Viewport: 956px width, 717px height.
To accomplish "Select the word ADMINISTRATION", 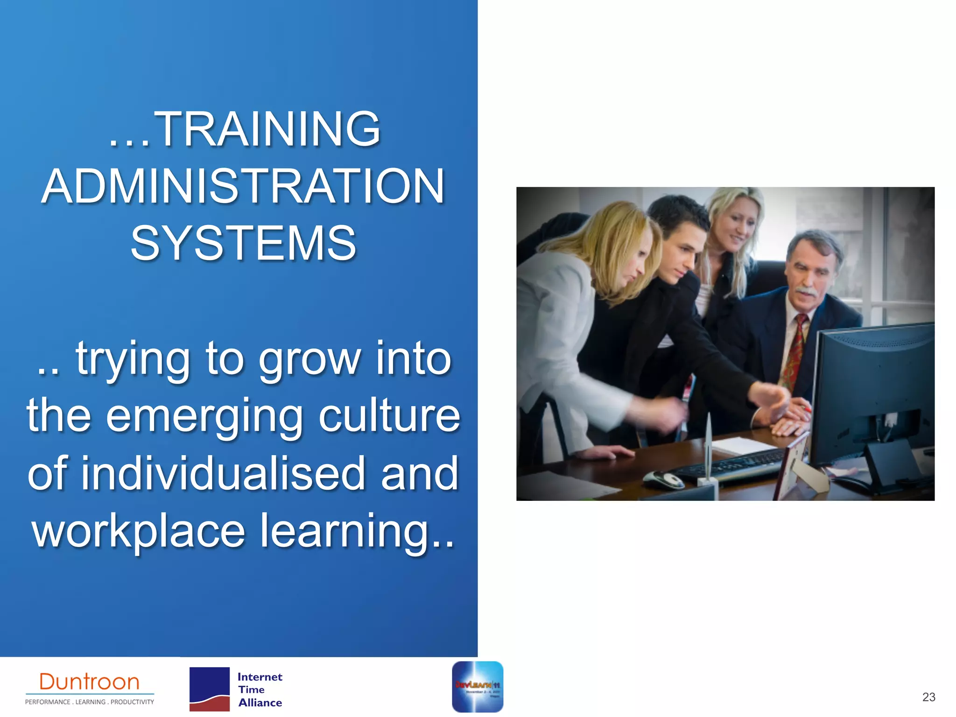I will coord(243,187).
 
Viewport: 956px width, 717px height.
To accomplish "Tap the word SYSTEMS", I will coord(243,243).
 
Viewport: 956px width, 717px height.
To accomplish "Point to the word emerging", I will coord(204,416).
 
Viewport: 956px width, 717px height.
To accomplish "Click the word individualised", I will coord(223,473).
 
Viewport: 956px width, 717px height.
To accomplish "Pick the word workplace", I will coord(138,531).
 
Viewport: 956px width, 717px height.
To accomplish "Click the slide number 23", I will coord(928,697).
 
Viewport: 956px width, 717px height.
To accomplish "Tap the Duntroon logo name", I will coord(90,682).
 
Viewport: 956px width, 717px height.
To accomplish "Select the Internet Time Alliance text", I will coord(260,689).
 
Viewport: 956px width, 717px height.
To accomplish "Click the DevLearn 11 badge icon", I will coord(478,687).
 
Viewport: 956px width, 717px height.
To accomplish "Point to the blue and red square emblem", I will coord(210,689).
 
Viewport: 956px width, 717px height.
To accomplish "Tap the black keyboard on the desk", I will coord(733,464).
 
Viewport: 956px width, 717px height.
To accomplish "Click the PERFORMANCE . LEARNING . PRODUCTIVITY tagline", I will coord(90,702).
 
